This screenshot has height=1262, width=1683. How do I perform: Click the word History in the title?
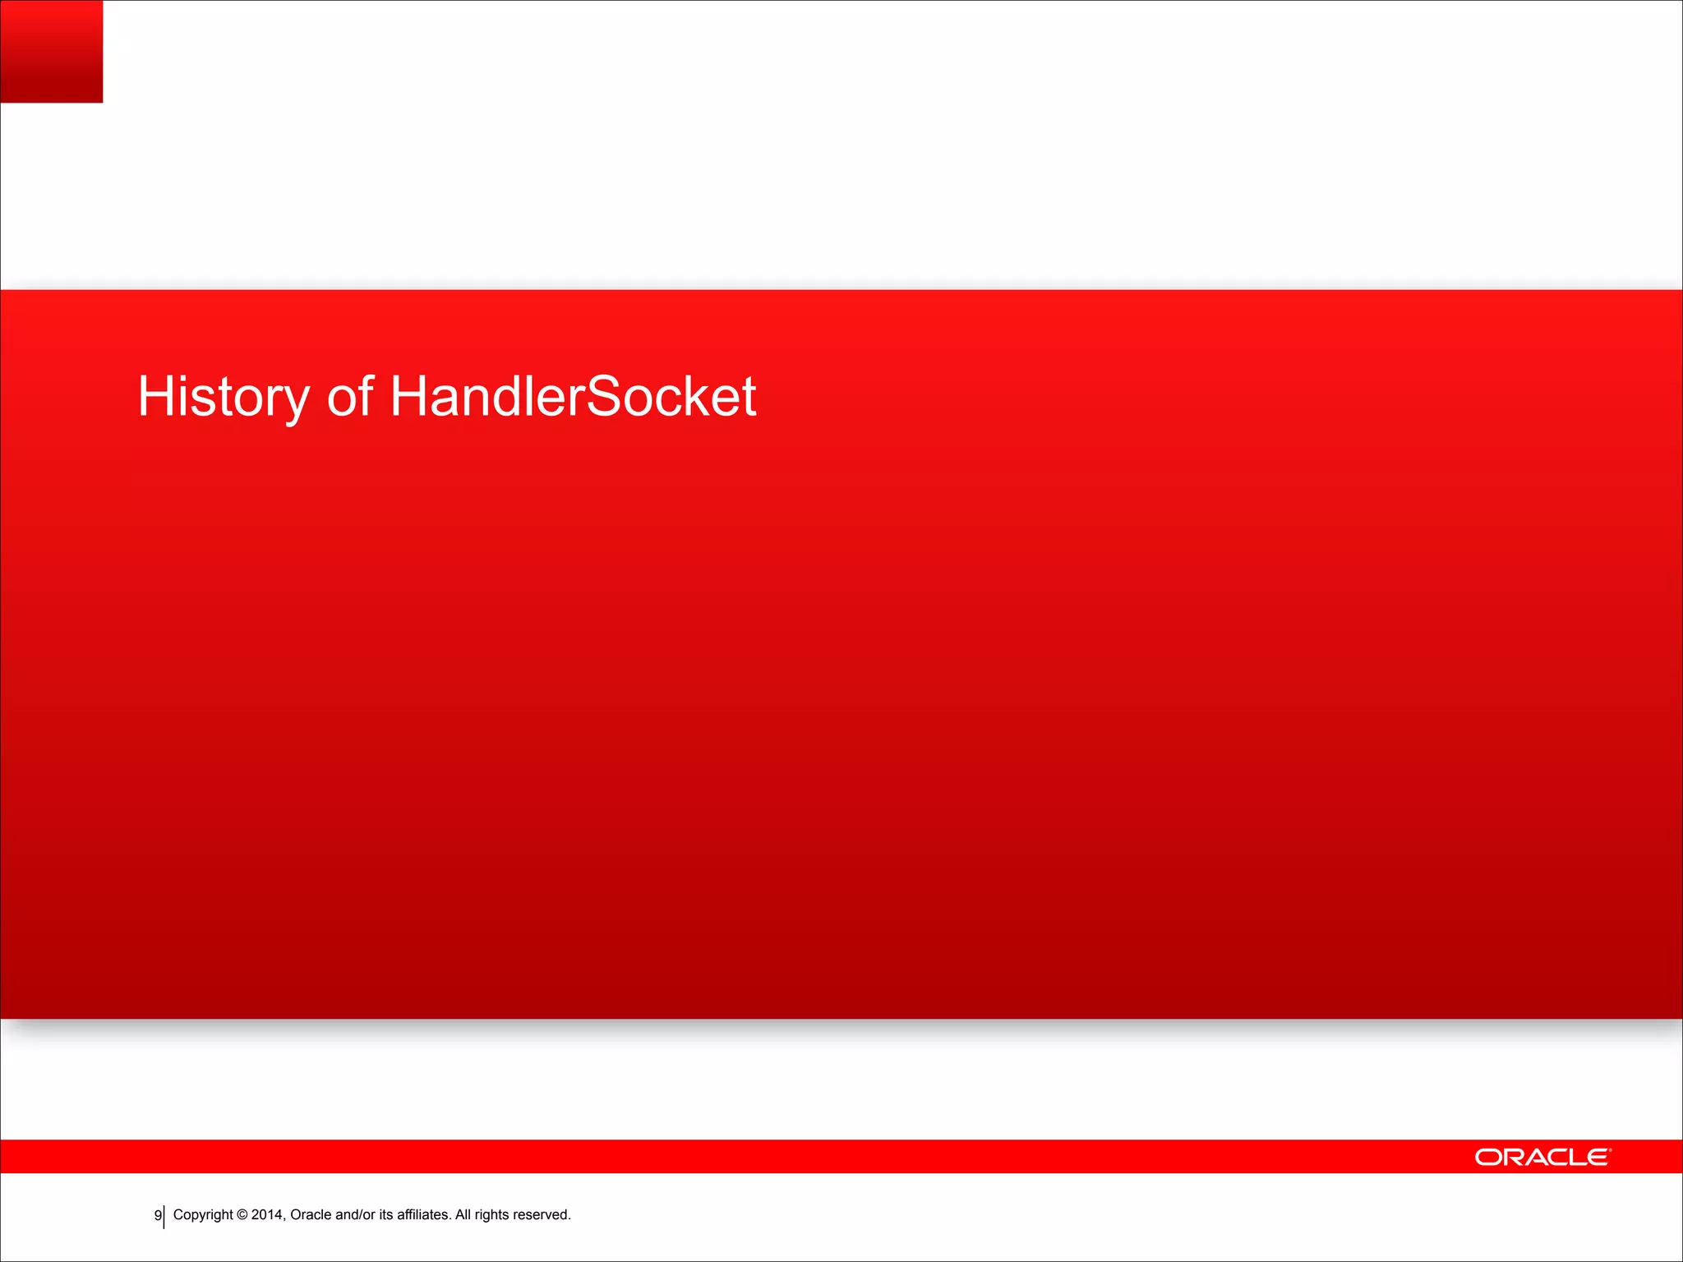223,398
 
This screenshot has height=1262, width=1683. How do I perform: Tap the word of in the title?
350,396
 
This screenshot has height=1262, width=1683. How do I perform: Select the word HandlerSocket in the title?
572,396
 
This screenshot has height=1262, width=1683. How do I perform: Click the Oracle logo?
1542,1157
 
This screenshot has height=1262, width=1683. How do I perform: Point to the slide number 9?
158,1215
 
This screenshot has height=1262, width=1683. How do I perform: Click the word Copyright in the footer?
203,1215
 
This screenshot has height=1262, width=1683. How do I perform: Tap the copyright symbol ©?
242,1215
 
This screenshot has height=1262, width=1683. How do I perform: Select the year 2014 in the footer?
267,1214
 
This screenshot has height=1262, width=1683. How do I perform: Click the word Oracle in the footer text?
311,1214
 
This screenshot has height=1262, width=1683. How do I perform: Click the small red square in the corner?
51,51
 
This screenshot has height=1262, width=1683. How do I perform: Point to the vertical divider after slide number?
164,1217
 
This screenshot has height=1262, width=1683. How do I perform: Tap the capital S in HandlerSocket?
603,396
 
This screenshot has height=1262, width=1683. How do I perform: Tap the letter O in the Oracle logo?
1488,1157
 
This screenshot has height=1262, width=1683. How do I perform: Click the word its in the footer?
385,1214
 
